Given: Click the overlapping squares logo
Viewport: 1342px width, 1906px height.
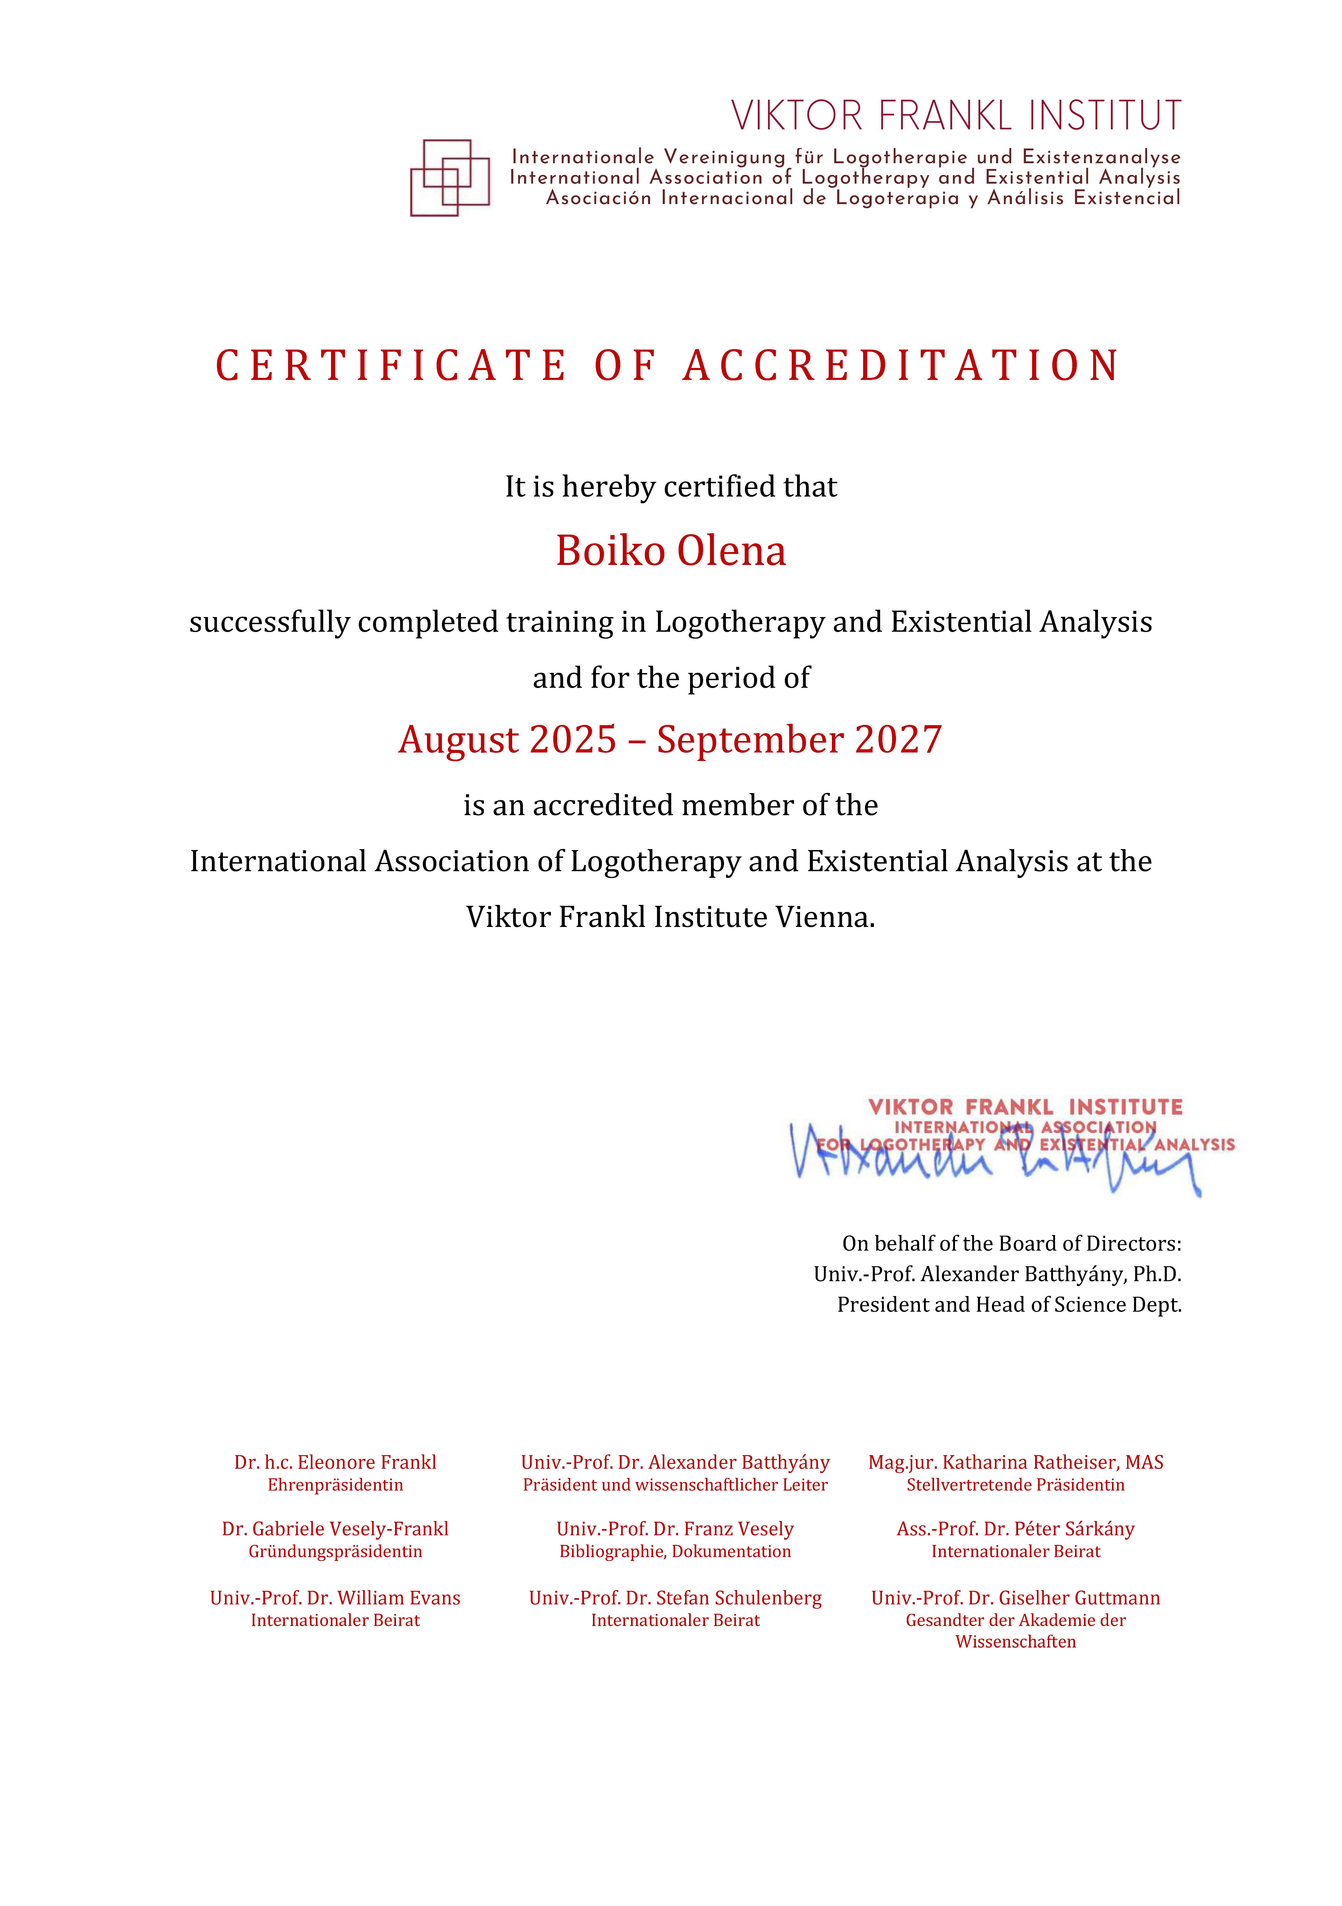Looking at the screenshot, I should [450, 178].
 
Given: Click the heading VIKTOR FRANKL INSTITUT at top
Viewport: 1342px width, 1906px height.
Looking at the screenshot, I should [956, 116].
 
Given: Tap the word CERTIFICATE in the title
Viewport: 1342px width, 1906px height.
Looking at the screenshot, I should [391, 366].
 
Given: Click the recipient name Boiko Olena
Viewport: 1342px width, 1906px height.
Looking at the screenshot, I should [671, 551].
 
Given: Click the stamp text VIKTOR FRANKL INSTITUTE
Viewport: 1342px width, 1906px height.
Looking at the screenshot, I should [1025, 1107].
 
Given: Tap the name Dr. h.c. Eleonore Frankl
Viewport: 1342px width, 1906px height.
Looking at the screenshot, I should [335, 1463].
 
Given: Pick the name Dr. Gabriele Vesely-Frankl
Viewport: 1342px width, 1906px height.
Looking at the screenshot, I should [335, 1529].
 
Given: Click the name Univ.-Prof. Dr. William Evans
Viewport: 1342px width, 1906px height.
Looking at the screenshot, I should [335, 1598].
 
